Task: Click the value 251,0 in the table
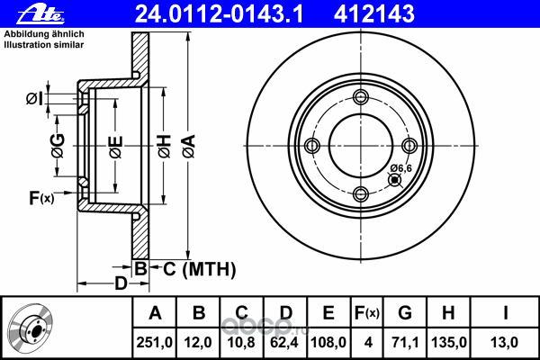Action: pyautogui.click(x=155, y=341)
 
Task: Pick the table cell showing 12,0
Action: pyautogui.click(x=199, y=341)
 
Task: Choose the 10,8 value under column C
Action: pyautogui.click(x=242, y=341)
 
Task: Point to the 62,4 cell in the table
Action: pyautogui.click(x=285, y=341)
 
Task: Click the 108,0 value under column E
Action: pyautogui.click(x=328, y=341)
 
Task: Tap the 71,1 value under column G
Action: pyautogui.click(x=405, y=341)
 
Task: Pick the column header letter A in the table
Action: pyautogui.click(x=155, y=314)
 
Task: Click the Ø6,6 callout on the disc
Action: pyautogui.click(x=401, y=166)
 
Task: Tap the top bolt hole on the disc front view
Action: pyautogui.click(x=361, y=98)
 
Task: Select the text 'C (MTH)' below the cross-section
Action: pyautogui.click(x=199, y=268)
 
